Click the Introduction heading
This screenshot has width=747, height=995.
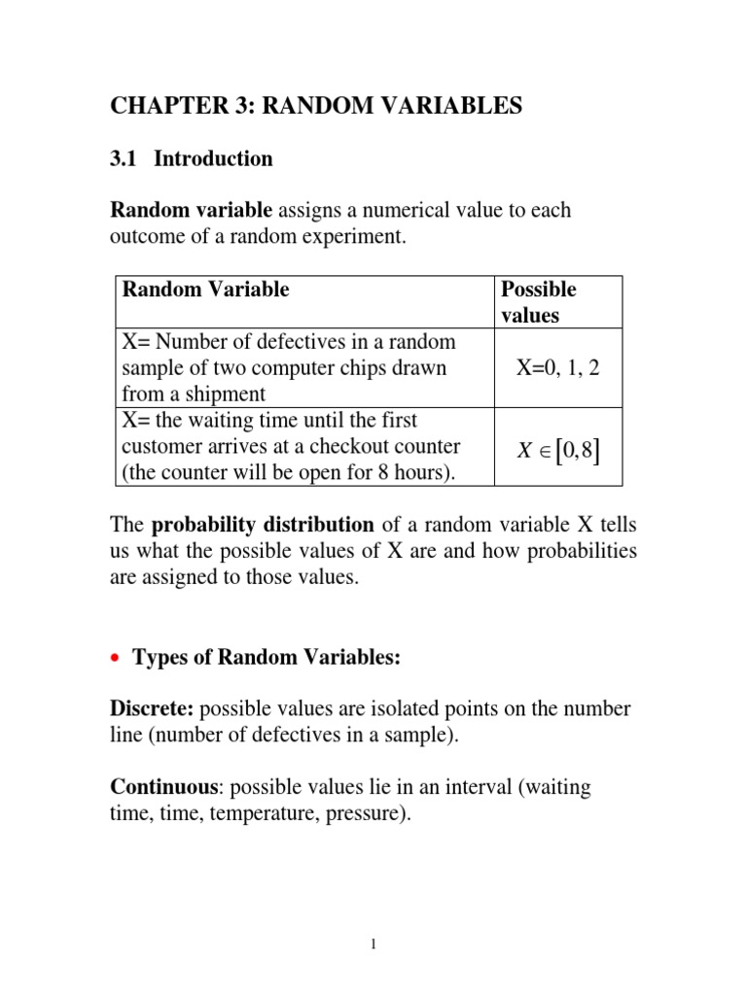point(213,159)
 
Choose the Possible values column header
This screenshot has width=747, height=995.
point(538,302)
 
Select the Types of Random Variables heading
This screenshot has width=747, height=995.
point(267,658)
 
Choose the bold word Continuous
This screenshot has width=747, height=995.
point(160,787)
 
